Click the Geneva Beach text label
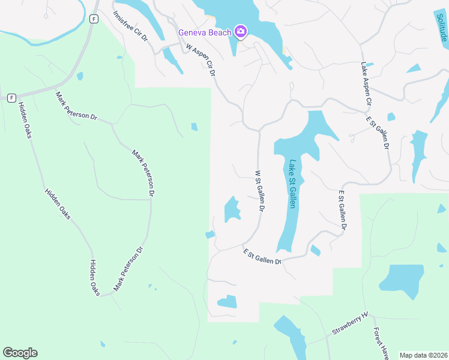coord(204,32)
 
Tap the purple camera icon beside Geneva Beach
coord(240,32)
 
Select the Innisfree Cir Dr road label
coord(130,26)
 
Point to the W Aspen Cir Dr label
coord(200,60)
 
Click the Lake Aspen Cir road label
coord(366,85)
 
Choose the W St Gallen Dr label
coord(260,191)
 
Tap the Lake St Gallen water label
coord(292,184)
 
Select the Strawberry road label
coord(349,324)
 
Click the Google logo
coord(20,353)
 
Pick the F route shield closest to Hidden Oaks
coord(11,97)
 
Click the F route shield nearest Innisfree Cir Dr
coord(94,19)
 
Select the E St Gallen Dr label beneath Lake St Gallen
coord(262,256)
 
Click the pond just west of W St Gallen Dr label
coord(231,210)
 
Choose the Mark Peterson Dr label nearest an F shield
coord(76,106)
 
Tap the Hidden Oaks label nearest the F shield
coord(25,120)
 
